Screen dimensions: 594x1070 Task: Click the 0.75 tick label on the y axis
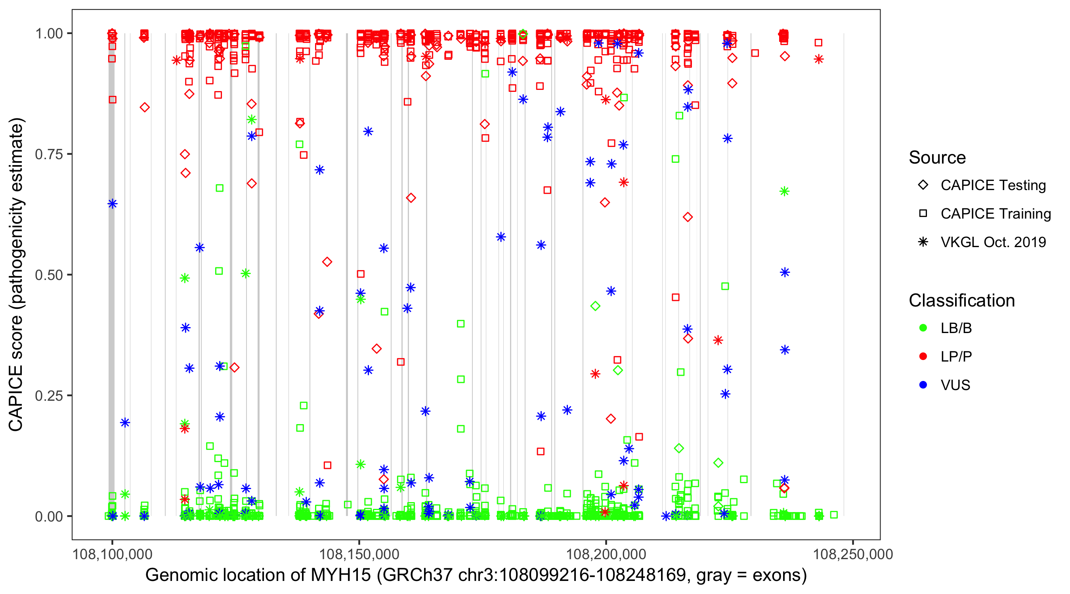click(48, 154)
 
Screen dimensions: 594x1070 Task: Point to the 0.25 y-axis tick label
click(48, 396)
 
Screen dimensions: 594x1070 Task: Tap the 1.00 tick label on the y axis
click(48, 34)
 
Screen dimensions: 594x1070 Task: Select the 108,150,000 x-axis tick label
click(359, 554)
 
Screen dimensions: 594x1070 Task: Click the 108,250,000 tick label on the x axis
click(853, 554)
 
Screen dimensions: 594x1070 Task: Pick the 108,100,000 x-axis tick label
click(112, 554)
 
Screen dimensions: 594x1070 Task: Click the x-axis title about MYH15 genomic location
click(476, 575)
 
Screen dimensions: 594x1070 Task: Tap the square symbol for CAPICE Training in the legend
click(923, 214)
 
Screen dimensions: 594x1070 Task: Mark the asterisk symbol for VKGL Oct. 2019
click(923, 242)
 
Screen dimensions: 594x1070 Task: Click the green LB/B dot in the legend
click(923, 328)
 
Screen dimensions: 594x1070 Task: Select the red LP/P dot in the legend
click(923, 356)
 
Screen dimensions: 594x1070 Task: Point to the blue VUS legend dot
click(923, 385)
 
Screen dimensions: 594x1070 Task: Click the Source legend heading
click(937, 158)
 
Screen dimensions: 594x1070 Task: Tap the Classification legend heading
click(961, 301)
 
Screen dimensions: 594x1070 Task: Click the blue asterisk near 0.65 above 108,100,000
click(113, 204)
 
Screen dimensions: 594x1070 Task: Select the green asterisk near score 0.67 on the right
click(784, 191)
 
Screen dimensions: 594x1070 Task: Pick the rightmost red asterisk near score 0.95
click(818, 59)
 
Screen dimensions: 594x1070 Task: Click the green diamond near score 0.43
click(595, 306)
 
